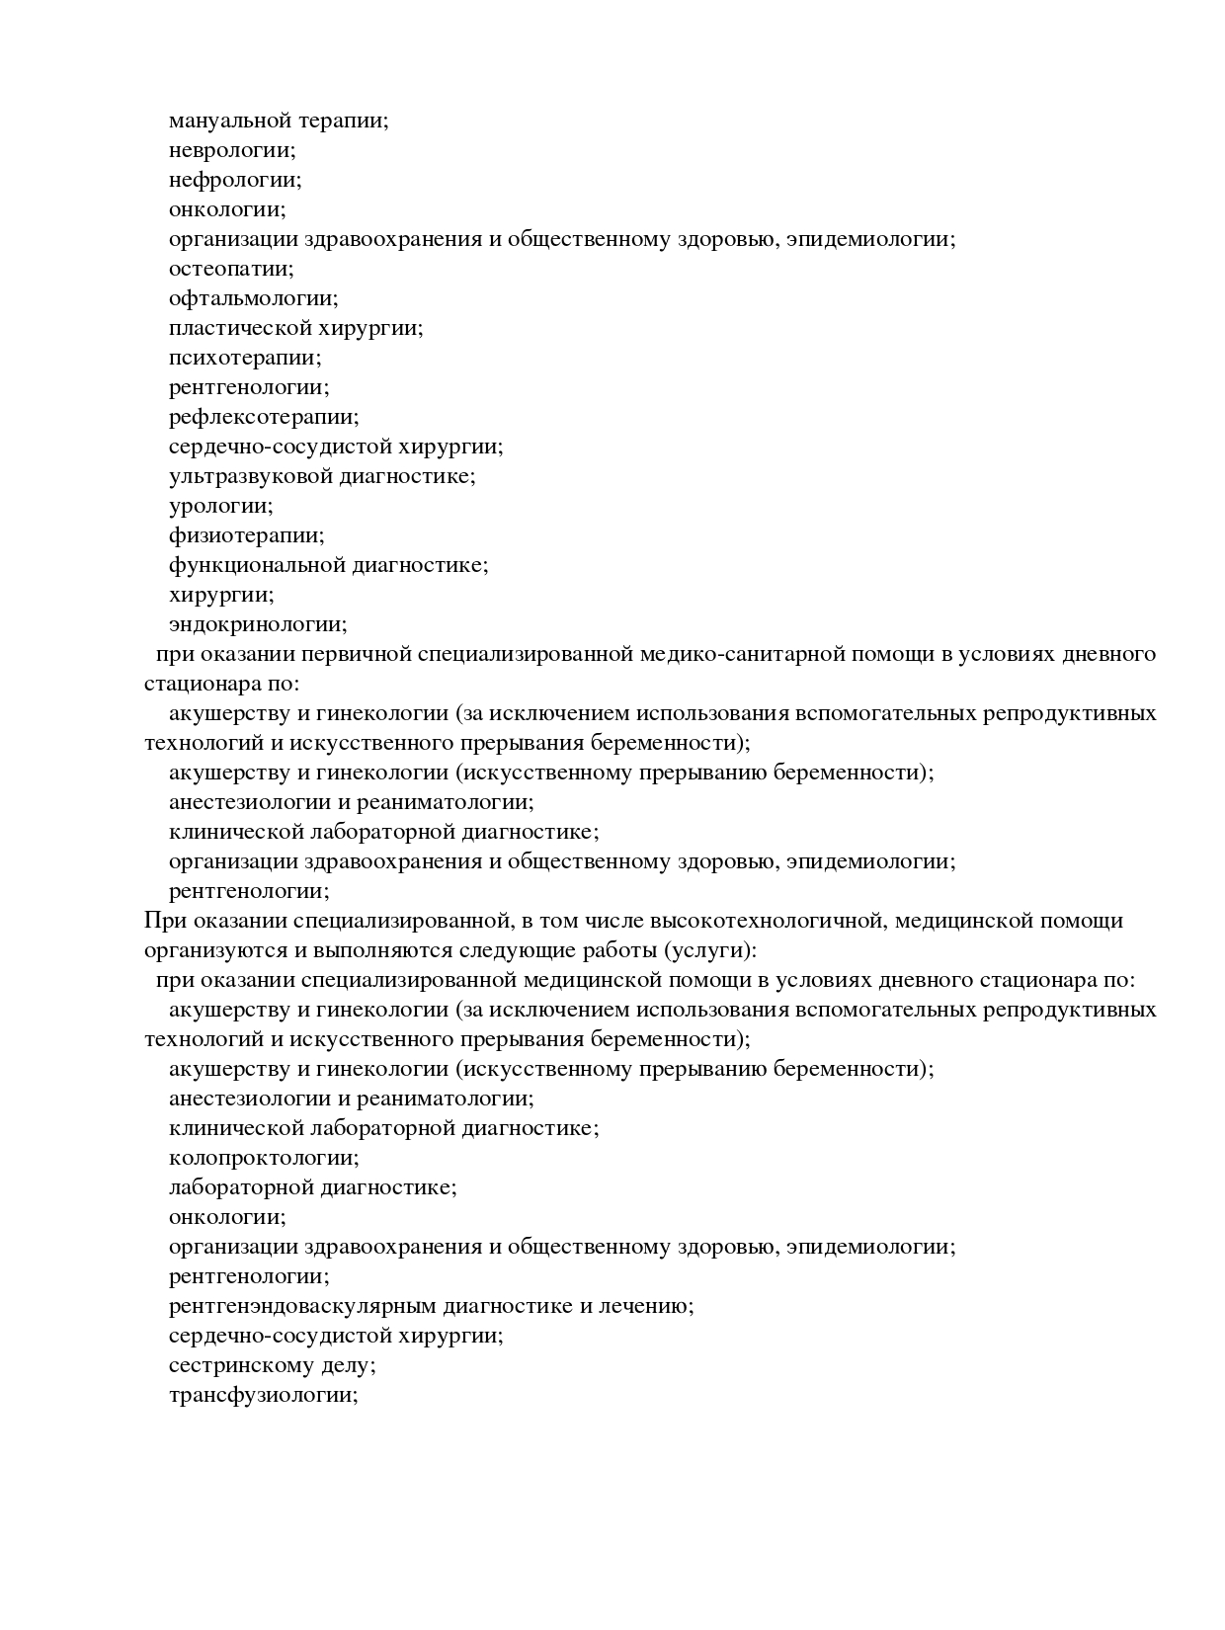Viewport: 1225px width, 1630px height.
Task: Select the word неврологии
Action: click(230, 150)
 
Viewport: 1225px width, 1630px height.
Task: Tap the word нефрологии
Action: click(233, 180)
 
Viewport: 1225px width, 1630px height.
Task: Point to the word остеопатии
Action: click(229, 269)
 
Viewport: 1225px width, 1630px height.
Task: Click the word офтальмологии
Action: click(251, 298)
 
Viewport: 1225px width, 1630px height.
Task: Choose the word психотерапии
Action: click(243, 358)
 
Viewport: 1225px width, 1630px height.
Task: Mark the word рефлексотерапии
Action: click(262, 417)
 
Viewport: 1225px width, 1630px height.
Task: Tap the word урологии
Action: click(219, 506)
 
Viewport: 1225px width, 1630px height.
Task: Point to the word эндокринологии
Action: click(256, 624)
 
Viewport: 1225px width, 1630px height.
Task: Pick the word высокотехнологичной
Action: click(765, 921)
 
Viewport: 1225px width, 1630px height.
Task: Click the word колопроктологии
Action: click(262, 1158)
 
